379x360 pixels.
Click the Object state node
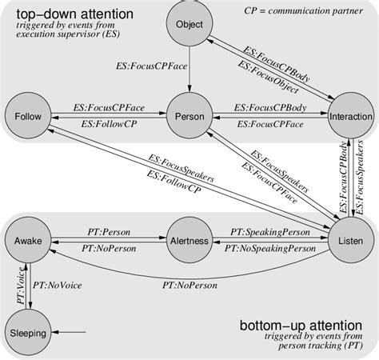click(189, 25)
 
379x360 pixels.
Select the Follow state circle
click(28, 117)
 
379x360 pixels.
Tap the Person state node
click(189, 117)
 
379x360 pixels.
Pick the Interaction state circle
click(350, 117)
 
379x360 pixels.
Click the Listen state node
click(350, 241)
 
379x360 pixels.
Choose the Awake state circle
click(28, 241)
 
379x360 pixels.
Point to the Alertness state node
click(189, 241)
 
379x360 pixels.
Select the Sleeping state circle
click(28, 333)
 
